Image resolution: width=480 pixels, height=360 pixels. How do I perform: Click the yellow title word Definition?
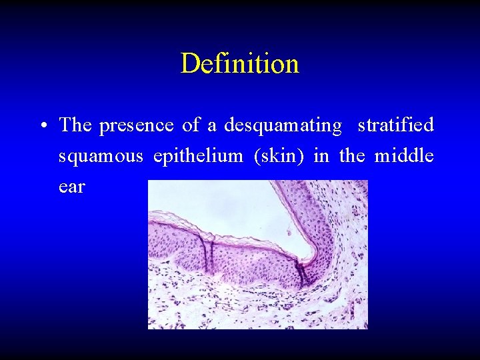tap(239, 64)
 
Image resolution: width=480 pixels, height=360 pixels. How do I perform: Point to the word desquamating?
tap(283, 125)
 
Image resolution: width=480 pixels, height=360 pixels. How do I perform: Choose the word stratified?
tap(396, 125)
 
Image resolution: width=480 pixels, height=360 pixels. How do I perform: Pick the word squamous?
tap(101, 156)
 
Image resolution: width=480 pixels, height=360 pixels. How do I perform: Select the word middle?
tap(404, 155)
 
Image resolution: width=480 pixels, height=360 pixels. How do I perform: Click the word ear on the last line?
tap(71, 187)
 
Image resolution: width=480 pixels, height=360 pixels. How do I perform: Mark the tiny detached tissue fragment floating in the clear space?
tap(288, 231)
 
